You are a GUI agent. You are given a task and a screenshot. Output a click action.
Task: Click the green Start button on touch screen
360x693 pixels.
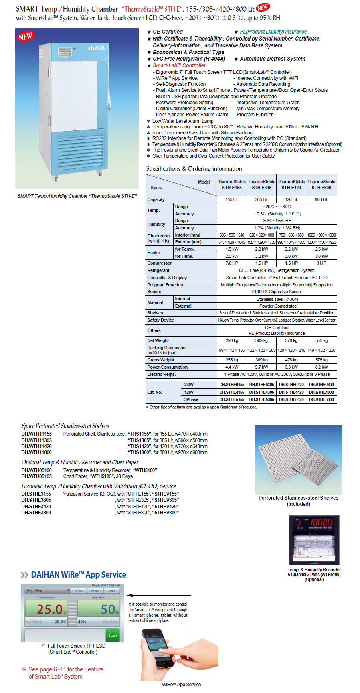(x=113, y=635)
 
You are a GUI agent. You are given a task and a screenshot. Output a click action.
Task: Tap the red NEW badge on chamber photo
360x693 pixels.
(x=26, y=36)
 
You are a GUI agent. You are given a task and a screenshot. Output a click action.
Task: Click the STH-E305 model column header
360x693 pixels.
(x=261, y=184)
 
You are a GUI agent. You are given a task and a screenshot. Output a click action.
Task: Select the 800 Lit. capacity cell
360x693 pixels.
(x=321, y=199)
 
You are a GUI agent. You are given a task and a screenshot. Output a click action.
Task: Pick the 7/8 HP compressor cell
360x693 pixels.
(x=232, y=263)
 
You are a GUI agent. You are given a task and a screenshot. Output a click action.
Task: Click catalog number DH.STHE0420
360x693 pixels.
(x=291, y=385)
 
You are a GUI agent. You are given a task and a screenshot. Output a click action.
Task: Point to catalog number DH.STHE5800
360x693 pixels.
(x=321, y=399)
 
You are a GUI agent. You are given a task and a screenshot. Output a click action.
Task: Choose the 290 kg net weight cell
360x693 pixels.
(x=232, y=340)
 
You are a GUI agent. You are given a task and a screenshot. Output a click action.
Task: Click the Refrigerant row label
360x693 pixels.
(x=158, y=271)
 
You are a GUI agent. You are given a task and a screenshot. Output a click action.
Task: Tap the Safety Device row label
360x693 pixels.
(x=161, y=320)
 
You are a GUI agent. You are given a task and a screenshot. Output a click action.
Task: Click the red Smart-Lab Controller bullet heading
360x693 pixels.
(x=179, y=65)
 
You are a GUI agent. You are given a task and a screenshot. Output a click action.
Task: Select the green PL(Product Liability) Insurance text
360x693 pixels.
(x=273, y=32)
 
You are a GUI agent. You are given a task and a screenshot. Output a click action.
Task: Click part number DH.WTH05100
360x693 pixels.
(x=36, y=470)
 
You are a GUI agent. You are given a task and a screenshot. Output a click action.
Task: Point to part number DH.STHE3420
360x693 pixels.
(x=36, y=507)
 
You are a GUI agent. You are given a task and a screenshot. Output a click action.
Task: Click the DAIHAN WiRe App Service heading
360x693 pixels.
(x=78, y=575)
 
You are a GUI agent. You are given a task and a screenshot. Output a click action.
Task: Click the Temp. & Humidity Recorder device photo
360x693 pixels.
(x=314, y=540)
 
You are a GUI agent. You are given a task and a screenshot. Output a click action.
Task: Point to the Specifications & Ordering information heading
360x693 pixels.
(x=194, y=169)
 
